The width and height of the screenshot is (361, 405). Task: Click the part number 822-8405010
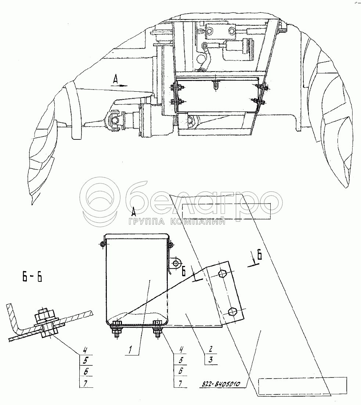pos(221,384)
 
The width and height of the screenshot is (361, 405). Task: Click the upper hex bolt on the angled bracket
pos(222,274)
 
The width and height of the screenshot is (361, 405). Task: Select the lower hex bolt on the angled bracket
pos(232,311)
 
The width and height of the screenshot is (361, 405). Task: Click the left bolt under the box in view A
pos(116,329)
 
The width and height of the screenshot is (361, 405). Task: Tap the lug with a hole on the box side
pos(177,263)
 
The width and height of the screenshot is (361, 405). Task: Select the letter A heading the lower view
pos(134,211)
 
